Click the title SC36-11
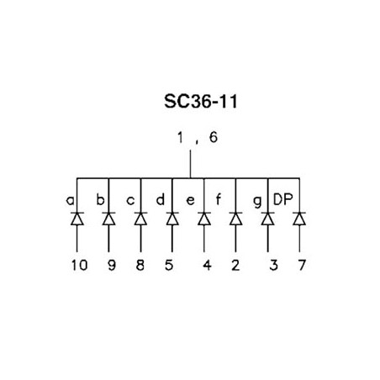[x=201, y=101]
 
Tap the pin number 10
[x=79, y=265]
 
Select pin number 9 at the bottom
[x=112, y=265]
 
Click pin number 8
[x=140, y=265]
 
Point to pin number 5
[x=169, y=265]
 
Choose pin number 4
[x=207, y=265]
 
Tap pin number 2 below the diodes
[x=235, y=265]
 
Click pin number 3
[x=274, y=265]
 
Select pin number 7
[x=302, y=265]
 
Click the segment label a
[x=71, y=201]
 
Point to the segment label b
[x=100, y=199]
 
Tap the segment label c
[x=130, y=201]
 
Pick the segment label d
[x=161, y=199]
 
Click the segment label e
[x=190, y=201]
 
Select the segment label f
[x=219, y=199]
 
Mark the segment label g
[x=257, y=202]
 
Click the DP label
[x=282, y=199]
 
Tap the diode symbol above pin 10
[x=77, y=219]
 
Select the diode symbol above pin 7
[x=299, y=219]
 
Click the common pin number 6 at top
[x=214, y=137]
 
